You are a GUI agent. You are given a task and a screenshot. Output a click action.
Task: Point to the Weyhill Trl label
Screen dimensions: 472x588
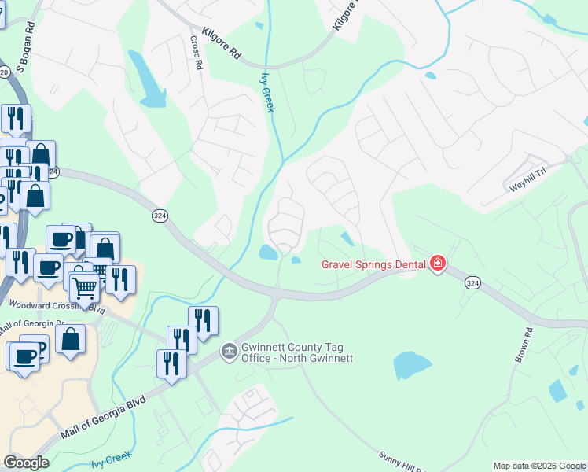527,182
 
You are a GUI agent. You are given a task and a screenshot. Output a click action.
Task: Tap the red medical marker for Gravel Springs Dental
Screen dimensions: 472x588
437,264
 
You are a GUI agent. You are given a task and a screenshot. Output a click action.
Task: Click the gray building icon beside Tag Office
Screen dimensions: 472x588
229,350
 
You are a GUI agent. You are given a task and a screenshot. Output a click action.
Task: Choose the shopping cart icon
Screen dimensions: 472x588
85,289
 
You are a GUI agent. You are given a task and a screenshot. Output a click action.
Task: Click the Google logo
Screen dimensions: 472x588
26,463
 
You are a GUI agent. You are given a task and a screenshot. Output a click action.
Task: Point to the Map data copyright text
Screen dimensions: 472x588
539,466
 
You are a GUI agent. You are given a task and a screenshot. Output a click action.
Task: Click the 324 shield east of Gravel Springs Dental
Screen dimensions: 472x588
472,282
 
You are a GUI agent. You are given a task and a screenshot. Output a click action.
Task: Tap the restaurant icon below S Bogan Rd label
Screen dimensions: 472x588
16,120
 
